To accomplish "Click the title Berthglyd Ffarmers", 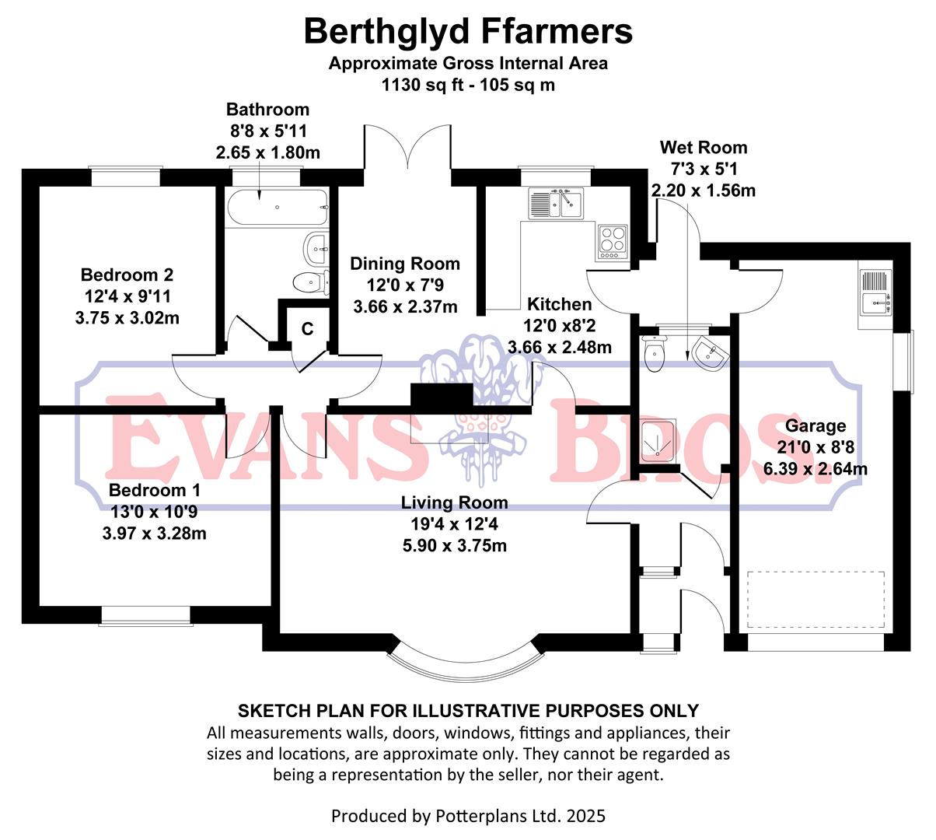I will click(468, 32).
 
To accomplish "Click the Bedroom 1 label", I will click(155, 490).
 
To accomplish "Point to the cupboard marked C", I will click(307, 329).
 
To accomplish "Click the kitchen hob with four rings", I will click(612, 241).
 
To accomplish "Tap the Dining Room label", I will click(404, 264).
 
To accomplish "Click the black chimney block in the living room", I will click(441, 397).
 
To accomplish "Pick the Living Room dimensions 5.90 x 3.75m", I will click(454, 545).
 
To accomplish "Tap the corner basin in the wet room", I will click(711, 352).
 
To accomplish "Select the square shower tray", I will click(658, 439).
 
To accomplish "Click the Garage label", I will click(815, 425).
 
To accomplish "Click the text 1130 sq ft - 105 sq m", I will click(468, 85).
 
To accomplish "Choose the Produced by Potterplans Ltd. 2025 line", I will click(468, 816).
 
